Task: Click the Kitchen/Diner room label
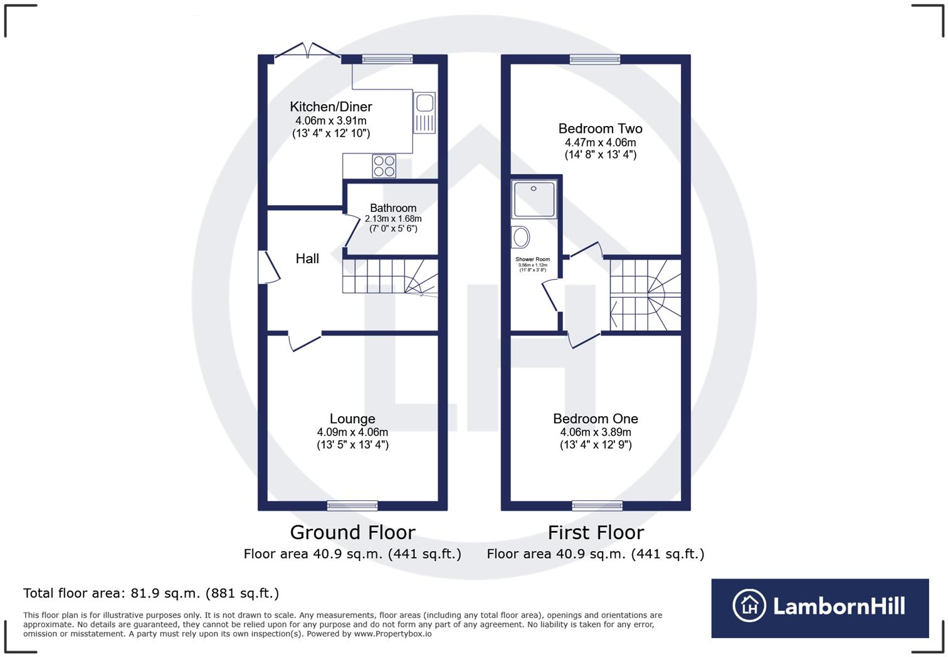point(330,107)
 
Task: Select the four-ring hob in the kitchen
point(384,166)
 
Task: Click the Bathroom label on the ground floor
point(393,208)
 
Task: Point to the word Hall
point(307,258)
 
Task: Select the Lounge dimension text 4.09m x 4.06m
point(352,432)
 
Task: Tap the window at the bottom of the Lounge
point(352,505)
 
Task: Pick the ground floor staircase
point(389,276)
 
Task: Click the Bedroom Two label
point(600,129)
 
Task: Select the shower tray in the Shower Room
point(534,199)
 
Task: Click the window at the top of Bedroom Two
point(595,60)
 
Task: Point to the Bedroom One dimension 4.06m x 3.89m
point(596,432)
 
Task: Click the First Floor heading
point(596,532)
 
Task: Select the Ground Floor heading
point(352,532)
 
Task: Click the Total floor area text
point(151,593)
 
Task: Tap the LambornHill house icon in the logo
point(749,606)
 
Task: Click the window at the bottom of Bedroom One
point(597,505)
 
